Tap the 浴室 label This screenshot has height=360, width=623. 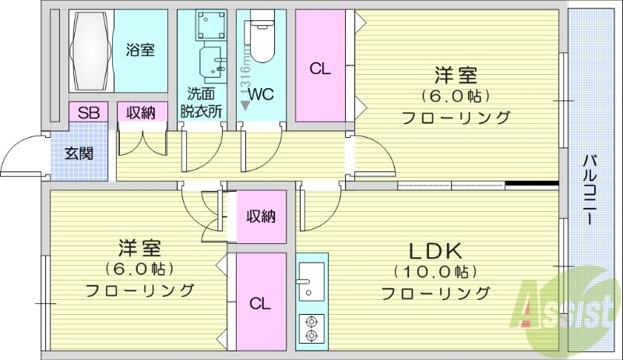click(x=140, y=51)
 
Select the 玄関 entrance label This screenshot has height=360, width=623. click(x=79, y=153)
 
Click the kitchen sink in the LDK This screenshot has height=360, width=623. click(x=311, y=280)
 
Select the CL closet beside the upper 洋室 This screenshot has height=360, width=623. click(x=320, y=69)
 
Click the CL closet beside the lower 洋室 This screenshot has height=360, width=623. click(x=260, y=303)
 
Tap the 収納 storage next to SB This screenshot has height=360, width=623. click(x=142, y=113)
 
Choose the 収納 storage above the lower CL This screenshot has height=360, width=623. click(x=261, y=217)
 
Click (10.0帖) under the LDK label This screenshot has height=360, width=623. click(x=435, y=272)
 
